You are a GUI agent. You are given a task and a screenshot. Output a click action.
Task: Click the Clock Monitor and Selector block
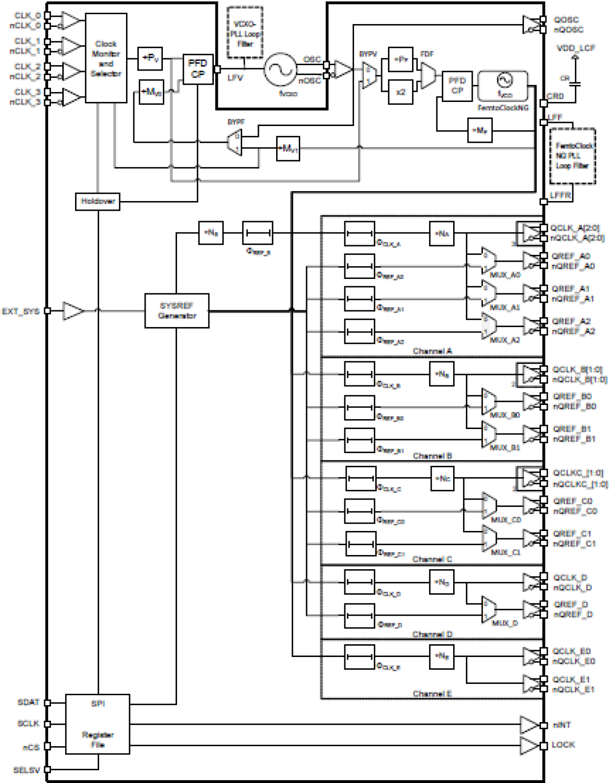[105, 58]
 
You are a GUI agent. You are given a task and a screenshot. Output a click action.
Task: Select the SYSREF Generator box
[177, 310]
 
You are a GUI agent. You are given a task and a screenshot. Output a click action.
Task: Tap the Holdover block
[98, 202]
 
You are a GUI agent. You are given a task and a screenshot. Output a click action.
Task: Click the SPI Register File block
[98, 724]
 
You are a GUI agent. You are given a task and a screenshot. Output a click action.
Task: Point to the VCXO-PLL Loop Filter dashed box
[245, 33]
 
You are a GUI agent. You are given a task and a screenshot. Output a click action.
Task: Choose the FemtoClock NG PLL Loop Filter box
[572, 156]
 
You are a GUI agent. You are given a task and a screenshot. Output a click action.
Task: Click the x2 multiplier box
[400, 92]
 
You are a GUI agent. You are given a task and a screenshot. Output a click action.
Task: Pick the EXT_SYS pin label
[20, 311]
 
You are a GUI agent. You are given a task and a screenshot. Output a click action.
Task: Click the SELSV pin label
[26, 770]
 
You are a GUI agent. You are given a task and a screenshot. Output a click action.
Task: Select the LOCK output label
[563, 745]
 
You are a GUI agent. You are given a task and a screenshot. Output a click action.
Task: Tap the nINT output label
[562, 725]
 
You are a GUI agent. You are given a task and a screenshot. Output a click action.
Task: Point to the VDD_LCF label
[576, 48]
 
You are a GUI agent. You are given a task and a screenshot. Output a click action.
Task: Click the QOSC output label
[566, 20]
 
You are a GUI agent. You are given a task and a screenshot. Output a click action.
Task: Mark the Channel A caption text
[432, 351]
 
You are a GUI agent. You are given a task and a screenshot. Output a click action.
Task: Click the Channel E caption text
[432, 694]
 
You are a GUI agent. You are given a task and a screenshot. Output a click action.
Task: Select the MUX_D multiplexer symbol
[489, 609]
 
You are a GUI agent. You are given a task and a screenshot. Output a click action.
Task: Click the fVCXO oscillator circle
[281, 70]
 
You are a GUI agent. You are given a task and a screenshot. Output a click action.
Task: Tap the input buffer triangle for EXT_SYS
[73, 311]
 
